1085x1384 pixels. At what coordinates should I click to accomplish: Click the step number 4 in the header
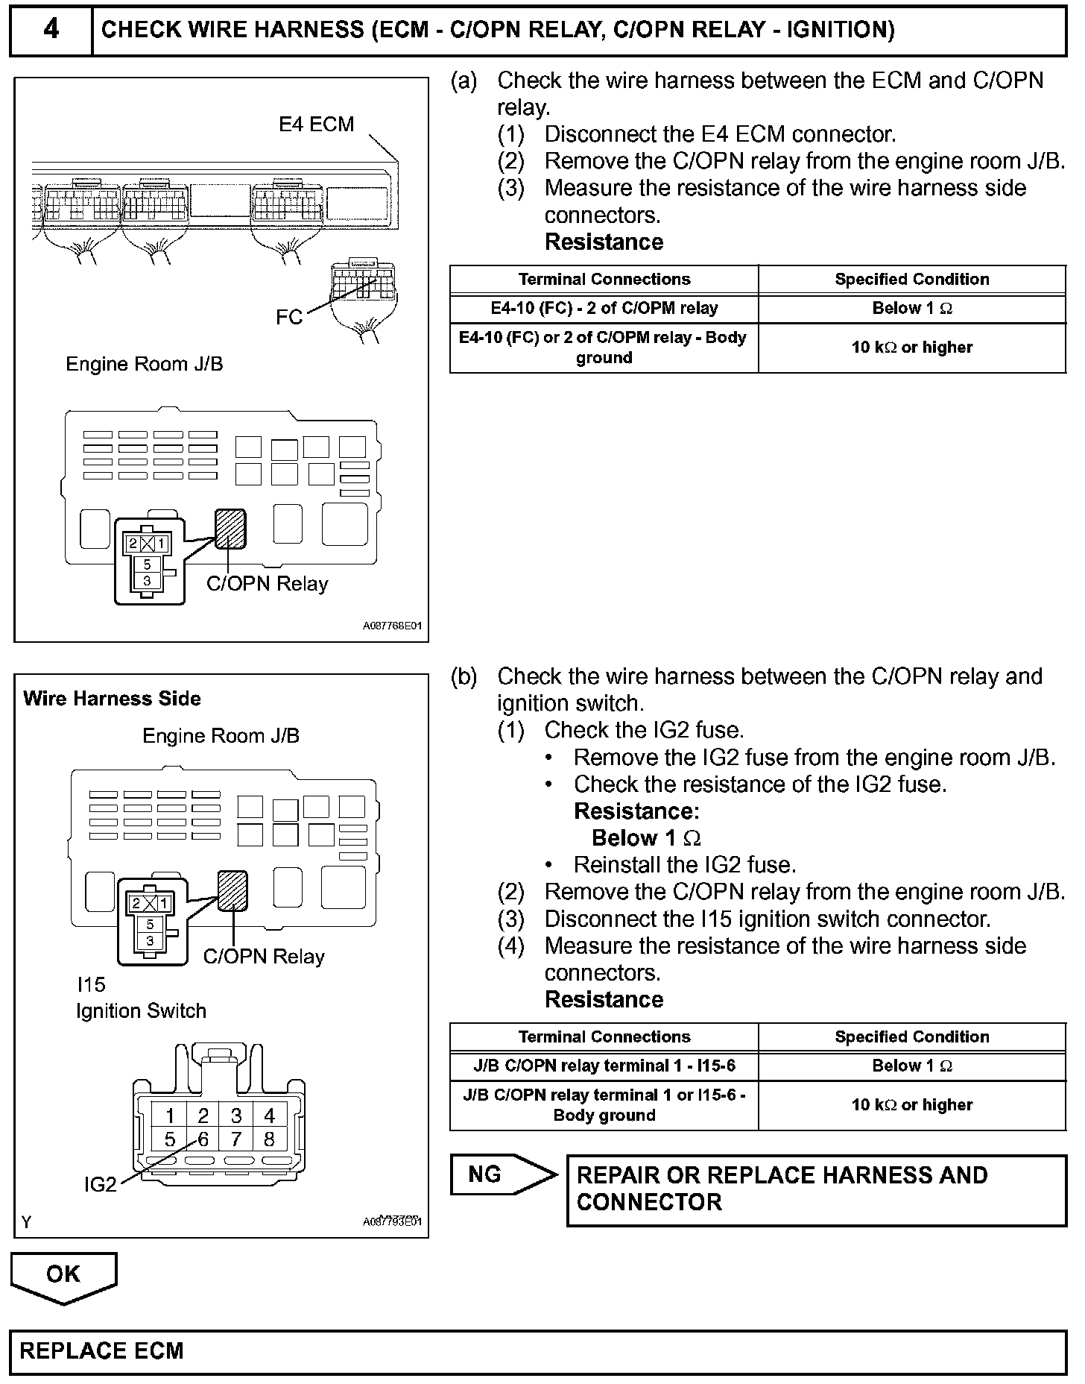pos(51,30)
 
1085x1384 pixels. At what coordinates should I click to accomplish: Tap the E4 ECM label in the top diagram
pos(316,124)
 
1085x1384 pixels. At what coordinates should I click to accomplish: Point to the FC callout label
pos(289,317)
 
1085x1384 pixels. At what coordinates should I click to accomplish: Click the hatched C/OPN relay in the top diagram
pos(230,528)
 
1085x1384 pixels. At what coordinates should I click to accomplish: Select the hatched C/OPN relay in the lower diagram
pos(232,890)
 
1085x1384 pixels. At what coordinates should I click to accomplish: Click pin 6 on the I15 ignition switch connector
pos(203,1139)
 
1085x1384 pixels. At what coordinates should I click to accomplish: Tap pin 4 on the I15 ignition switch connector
pos(269,1116)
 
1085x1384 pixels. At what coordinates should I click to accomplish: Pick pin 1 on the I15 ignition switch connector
pos(171,1116)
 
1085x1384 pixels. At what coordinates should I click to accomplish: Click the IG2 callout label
pos(100,1184)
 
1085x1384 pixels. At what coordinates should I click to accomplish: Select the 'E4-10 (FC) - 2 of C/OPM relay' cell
pos(604,308)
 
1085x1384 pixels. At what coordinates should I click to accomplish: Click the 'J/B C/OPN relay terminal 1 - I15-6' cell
pos(604,1066)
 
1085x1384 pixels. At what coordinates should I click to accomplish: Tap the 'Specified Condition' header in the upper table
pos(911,279)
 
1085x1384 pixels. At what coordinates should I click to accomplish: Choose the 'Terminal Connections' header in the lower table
pos(604,1037)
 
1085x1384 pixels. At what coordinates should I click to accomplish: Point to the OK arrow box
pos(63,1274)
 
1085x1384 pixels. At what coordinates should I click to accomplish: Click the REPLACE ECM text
pos(101,1350)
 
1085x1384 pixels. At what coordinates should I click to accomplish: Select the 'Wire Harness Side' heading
pos(112,699)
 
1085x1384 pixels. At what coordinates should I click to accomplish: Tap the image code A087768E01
pos(392,626)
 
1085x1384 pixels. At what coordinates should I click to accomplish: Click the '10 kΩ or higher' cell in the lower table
pos(911,1105)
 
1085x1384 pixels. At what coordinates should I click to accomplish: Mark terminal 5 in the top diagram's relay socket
pos(147,564)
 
